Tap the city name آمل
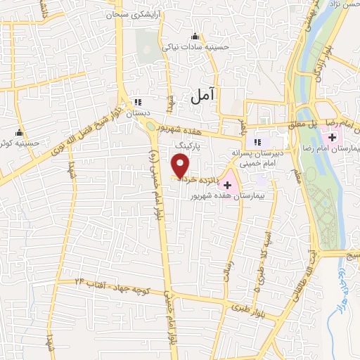(202, 96)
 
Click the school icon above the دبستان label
(137, 102)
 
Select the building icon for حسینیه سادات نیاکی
(195, 37)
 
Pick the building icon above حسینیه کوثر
(20, 132)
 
